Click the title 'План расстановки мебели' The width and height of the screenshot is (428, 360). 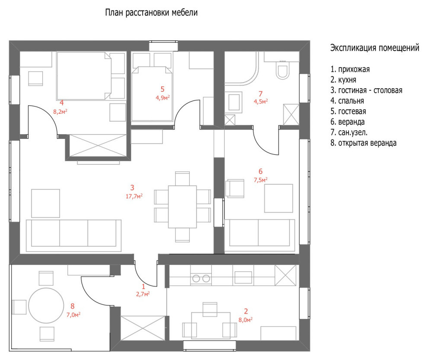pyautogui.click(x=151, y=13)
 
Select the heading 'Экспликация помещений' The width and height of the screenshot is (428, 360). pyautogui.click(x=374, y=48)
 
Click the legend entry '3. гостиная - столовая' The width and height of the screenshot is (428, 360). pyautogui.click(x=366, y=90)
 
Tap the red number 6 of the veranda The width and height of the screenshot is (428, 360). pyautogui.click(x=260, y=171)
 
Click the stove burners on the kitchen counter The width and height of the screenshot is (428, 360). pyautogui.click(x=201, y=278)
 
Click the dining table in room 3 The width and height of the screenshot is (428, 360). pyautogui.click(x=182, y=206)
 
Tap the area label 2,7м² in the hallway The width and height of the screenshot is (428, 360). pyautogui.click(x=144, y=294)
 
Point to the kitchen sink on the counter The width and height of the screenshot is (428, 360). pyautogui.click(x=243, y=277)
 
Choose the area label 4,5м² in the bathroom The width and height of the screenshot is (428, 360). pyautogui.click(x=261, y=101)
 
